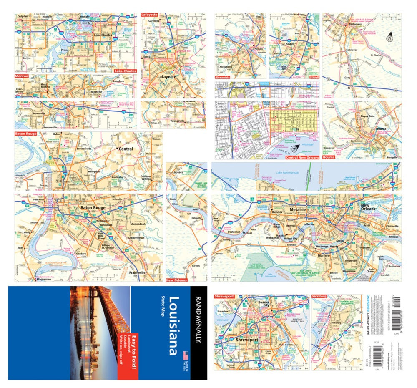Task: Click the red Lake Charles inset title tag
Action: click(125, 71)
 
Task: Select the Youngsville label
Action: click(177, 121)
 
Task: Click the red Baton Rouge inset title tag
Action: click(26, 134)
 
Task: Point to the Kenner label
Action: click(277, 212)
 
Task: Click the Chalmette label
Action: click(392, 226)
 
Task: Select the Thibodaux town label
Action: click(355, 25)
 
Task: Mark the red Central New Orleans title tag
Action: click(302, 158)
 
